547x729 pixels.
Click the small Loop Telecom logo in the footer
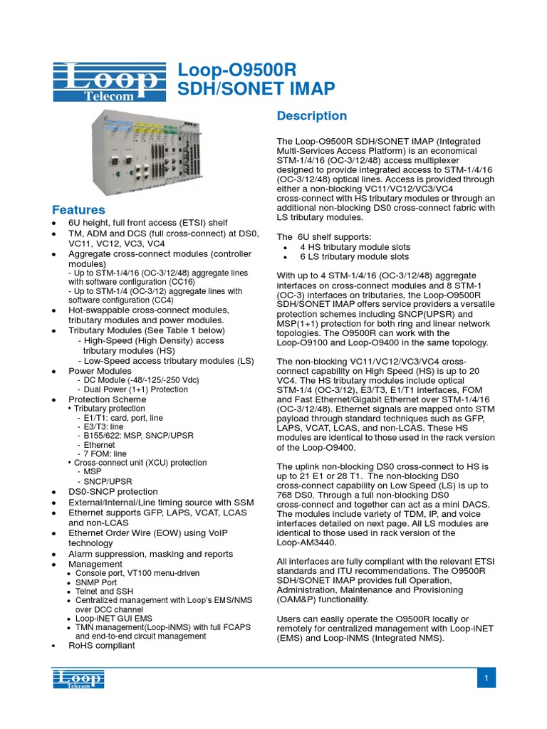tap(78, 678)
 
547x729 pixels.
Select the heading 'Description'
tap(311, 116)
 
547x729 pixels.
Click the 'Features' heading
tap(78, 210)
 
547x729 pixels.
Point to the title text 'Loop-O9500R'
tap(236, 70)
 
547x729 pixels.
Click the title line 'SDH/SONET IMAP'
tap(256, 89)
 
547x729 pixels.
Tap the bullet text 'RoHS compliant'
tap(101, 645)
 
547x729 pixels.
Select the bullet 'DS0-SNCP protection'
tap(113, 491)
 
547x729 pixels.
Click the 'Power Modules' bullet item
tap(100, 371)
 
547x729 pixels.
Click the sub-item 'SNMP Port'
tap(97, 582)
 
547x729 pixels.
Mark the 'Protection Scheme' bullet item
tap(107, 399)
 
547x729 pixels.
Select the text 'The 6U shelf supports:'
tap(324, 236)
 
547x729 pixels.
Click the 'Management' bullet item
tap(95, 564)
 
